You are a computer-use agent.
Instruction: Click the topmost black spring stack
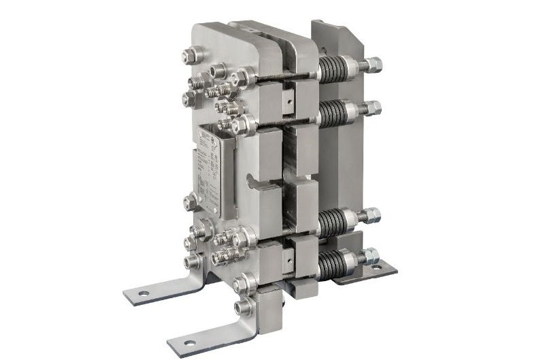pyautogui.click(x=333, y=69)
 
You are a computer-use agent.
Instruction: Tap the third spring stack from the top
pyautogui.click(x=333, y=222)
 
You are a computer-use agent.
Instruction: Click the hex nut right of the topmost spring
pyautogui.click(x=374, y=66)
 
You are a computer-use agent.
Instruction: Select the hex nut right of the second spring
pyautogui.click(x=374, y=108)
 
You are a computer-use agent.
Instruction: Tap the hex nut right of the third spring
pyautogui.click(x=374, y=216)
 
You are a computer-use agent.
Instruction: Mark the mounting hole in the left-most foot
pyautogui.click(x=143, y=293)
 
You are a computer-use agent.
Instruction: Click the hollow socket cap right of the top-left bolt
pyautogui.click(x=218, y=70)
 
